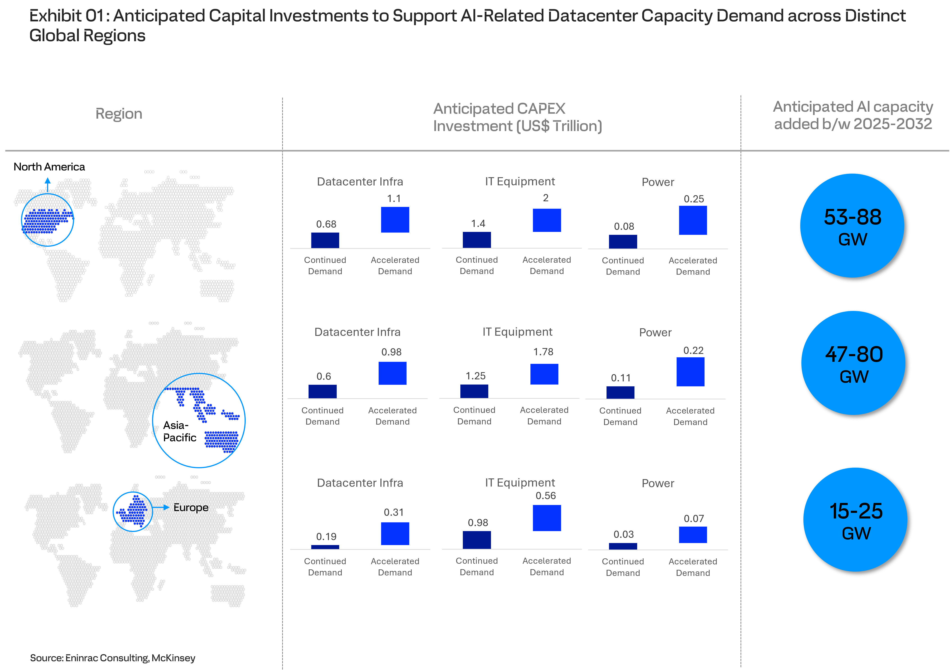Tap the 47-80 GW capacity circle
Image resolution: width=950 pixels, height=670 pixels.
(853, 363)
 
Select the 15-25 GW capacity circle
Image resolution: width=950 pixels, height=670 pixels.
(855, 519)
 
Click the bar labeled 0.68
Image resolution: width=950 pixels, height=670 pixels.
(325, 240)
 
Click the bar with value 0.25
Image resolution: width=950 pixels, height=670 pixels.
(693, 220)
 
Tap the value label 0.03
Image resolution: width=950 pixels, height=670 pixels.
(624, 534)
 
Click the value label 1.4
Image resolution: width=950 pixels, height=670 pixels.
(478, 224)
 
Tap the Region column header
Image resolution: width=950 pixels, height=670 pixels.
(119, 114)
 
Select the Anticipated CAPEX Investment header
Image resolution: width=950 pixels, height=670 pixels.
(517, 117)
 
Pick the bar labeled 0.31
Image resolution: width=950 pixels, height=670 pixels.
(395, 534)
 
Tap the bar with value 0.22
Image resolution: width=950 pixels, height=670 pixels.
(691, 372)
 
